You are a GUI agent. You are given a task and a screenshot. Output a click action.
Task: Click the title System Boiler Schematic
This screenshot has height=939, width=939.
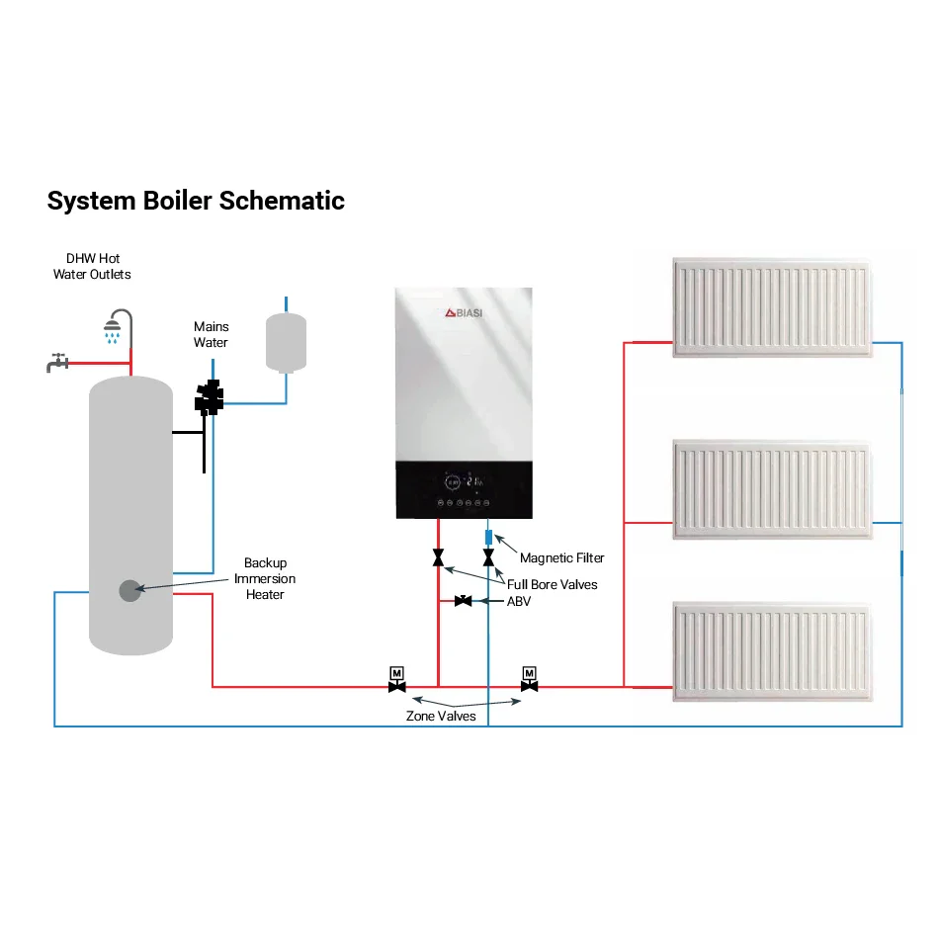coord(196,201)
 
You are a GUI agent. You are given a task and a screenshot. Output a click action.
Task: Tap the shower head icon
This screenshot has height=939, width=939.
coord(116,326)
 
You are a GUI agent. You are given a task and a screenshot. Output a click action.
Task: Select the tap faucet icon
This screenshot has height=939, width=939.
coord(57,363)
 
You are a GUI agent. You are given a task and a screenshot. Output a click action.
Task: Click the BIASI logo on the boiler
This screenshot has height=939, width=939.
coord(463,312)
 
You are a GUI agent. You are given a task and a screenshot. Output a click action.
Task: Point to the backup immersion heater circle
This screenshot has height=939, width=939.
coord(130,590)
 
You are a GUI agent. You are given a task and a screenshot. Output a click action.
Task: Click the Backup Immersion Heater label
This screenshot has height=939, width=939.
coord(264,579)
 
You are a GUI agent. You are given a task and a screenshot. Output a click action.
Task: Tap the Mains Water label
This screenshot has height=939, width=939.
coord(211,334)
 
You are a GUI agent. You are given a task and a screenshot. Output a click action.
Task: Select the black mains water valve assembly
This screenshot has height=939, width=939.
coord(210,398)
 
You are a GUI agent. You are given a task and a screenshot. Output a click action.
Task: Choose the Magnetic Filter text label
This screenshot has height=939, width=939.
coord(561,558)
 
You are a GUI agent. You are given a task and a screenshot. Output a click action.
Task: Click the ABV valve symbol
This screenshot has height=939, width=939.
coord(463,601)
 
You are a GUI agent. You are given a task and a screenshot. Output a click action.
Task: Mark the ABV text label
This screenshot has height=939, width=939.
coord(519,601)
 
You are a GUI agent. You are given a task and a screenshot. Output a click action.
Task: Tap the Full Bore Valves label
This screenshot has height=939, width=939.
coord(552,584)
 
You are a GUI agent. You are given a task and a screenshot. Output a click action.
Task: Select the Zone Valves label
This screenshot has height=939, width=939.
coord(441,717)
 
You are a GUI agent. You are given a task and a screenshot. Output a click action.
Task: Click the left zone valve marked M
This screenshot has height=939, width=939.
coord(397,680)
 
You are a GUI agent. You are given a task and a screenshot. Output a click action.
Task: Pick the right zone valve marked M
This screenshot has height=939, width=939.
coord(530,680)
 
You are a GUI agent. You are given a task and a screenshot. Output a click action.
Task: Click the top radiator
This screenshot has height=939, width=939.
coord(774,306)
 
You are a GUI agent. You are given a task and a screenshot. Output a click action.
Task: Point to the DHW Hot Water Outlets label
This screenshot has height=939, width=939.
coord(92,266)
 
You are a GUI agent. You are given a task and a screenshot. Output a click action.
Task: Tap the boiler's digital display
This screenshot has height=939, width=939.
coord(463,483)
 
